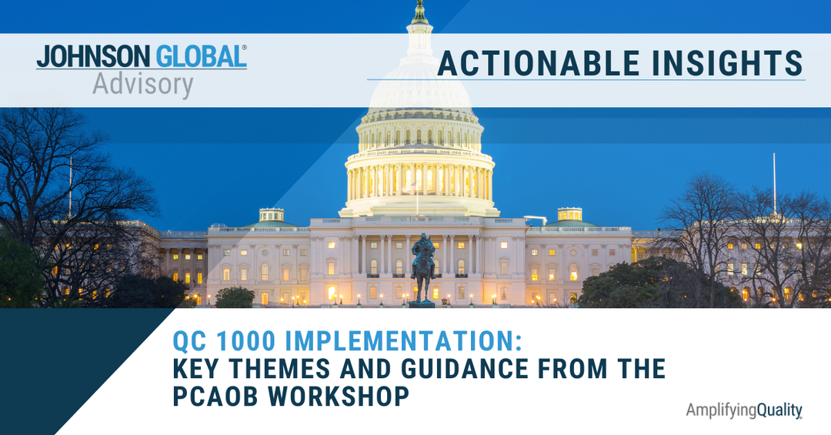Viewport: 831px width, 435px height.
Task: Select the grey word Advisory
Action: [143, 85]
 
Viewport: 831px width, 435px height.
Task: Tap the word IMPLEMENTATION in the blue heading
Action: [403, 341]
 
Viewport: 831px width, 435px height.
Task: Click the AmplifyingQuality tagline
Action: [744, 410]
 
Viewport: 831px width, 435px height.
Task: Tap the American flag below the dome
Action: [410, 187]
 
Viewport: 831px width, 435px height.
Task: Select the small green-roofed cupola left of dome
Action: [272, 218]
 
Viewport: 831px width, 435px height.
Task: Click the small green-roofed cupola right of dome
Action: [569, 217]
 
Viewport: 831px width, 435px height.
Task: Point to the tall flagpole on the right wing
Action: [774, 184]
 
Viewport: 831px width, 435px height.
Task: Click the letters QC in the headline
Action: [190, 341]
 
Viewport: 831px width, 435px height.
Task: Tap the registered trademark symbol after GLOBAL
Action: [245, 48]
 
